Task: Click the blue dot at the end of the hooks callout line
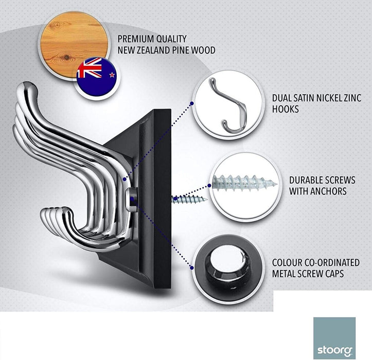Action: pos(192,103)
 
